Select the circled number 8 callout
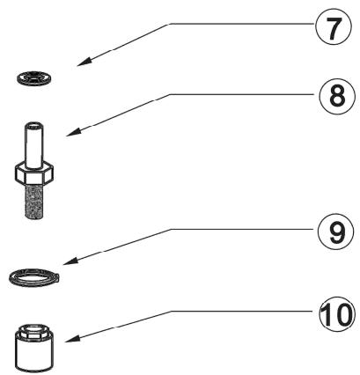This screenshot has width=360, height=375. (337, 98)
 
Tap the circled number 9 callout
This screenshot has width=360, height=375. (336, 232)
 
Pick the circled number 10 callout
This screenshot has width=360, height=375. (337, 314)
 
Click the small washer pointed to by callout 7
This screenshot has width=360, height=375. (34, 78)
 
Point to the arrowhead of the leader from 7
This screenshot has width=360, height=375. (84, 62)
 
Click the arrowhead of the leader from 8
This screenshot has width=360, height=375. (74, 131)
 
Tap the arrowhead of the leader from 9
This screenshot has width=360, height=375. (70, 261)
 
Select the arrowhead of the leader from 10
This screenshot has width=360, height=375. (72, 339)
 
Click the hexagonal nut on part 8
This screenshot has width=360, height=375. (34, 173)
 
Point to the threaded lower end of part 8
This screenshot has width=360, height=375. (33, 201)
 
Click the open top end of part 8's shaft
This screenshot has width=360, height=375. (33, 125)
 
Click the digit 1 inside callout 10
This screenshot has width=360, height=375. (327, 314)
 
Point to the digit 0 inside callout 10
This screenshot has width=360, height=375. (342, 314)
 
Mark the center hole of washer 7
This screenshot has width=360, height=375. (35, 77)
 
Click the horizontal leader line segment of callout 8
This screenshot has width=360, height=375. (245, 94)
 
